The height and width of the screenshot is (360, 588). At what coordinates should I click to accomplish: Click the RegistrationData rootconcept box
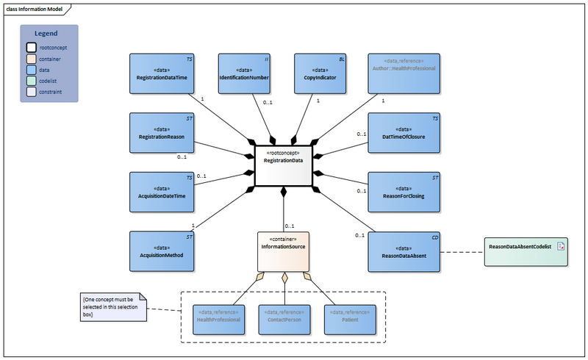283,165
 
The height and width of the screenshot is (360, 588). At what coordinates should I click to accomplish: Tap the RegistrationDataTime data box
163,73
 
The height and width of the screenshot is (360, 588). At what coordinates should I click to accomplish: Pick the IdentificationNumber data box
244,73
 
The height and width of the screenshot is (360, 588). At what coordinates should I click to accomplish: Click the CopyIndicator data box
320,73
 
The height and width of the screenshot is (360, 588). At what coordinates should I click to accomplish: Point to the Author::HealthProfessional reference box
404,73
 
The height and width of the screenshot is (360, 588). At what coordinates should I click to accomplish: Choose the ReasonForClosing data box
404,192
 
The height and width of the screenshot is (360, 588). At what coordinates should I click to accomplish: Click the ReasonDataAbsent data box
404,251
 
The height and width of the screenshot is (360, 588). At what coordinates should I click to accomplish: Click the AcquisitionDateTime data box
163,192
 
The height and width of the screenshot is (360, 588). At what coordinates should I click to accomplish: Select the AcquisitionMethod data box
163,251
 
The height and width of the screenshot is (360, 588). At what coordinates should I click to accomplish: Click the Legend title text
49,34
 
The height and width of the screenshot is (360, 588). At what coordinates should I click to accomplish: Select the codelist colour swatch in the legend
31,81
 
